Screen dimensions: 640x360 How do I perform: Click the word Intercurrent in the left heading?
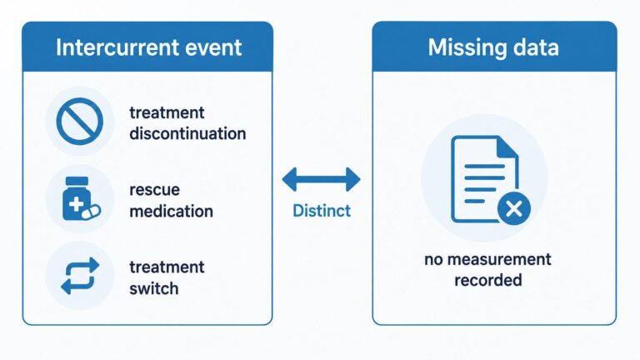pyautogui.click(x=117, y=47)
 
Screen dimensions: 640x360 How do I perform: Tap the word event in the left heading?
pyautogui.click(x=213, y=47)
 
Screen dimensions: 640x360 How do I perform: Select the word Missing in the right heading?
pyautogui.click(x=461, y=47)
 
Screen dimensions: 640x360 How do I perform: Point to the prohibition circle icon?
pyautogui.click(x=80, y=121)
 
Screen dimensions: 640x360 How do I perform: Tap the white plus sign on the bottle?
pyautogui.click(x=76, y=203)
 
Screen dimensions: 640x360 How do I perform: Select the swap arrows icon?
pyautogui.click(x=80, y=276)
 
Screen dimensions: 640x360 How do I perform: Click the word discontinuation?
pyautogui.click(x=187, y=133)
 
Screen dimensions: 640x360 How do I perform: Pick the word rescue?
pyautogui.click(x=155, y=190)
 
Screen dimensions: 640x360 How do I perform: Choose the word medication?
pyautogui.click(x=172, y=212)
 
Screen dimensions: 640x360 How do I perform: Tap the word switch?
pyautogui.click(x=154, y=288)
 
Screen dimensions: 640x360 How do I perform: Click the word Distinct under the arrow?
pyautogui.click(x=322, y=211)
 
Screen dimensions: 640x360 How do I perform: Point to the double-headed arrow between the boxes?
pyautogui.click(x=321, y=180)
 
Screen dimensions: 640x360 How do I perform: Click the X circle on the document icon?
pyautogui.click(x=514, y=209)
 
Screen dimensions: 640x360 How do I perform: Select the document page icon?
pyautogui.click(x=484, y=179)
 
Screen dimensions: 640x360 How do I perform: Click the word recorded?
pyautogui.click(x=488, y=280)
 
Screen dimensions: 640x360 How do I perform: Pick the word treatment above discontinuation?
pyautogui.click(x=167, y=112)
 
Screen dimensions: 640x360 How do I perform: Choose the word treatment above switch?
pyautogui.click(x=167, y=267)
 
